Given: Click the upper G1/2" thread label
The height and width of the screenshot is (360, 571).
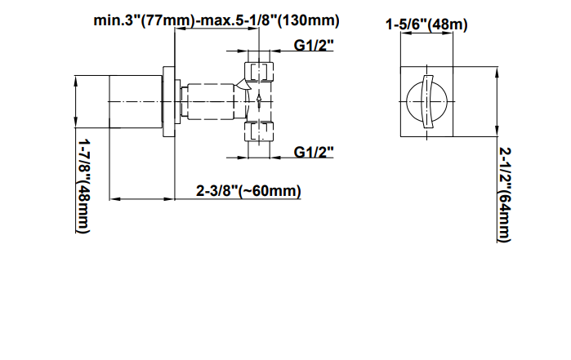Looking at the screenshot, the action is (314, 46).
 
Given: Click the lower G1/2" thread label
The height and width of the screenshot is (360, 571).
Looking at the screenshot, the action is (314, 152).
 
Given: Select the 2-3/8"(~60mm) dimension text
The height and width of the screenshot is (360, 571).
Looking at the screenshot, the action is (248, 191).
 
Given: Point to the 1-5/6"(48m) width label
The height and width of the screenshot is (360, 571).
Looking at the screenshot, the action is (426, 24).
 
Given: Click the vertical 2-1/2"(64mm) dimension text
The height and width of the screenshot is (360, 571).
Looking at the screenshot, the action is (505, 194).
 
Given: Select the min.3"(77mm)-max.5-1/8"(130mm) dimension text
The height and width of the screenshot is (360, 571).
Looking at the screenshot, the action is (216, 20).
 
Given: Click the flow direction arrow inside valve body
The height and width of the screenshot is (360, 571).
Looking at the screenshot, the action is (259, 102).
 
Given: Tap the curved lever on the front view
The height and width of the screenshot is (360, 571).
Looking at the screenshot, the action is (427, 101).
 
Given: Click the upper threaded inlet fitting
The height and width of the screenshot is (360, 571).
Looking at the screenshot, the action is (259, 71).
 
